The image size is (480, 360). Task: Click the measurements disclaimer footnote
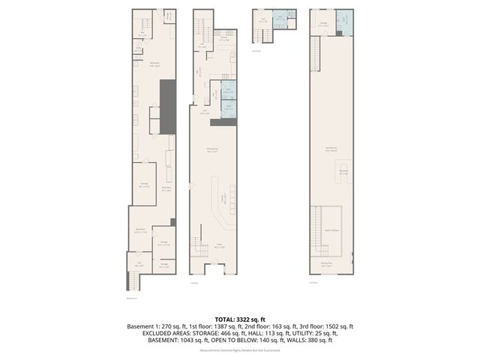tap(240, 350)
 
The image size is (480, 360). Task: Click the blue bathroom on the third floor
tap(341, 22)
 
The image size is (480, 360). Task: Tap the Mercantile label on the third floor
tap(343, 172)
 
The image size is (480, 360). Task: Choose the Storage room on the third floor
tap(322, 23)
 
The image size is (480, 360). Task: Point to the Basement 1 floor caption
tap(131, 298)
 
